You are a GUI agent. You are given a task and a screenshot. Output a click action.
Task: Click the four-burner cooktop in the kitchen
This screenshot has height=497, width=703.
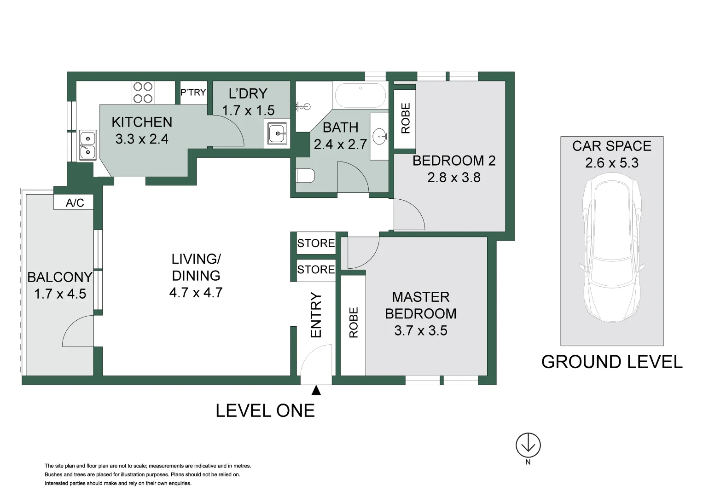click(143, 92)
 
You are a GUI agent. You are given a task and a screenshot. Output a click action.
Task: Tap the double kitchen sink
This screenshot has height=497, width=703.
click(88, 145)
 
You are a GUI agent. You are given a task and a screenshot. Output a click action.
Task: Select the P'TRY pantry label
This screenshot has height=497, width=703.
click(193, 92)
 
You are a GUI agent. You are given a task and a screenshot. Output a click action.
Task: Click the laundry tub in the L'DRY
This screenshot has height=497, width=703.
click(278, 133)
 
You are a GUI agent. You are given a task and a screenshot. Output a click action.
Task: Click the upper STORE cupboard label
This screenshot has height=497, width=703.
click(316, 243)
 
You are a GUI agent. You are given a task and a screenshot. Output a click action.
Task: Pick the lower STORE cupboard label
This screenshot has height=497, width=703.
click(316, 270)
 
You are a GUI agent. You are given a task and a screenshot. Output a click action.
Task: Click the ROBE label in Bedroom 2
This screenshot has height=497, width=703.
click(406, 118)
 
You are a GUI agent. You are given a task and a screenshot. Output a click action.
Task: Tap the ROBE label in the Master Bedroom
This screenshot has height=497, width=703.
click(354, 322)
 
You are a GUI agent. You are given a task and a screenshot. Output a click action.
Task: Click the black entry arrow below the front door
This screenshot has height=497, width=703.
click(316, 390)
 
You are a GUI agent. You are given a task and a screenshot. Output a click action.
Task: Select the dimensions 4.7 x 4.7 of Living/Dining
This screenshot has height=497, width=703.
click(196, 292)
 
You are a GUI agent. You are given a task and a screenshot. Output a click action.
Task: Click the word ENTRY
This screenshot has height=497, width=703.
click(316, 315)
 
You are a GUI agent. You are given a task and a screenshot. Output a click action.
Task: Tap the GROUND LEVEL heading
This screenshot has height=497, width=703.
click(612, 362)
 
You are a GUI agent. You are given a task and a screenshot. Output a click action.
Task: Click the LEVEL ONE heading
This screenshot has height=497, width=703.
click(265, 410)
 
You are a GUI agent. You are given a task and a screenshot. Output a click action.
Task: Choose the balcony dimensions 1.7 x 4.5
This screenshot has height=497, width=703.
click(60, 294)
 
